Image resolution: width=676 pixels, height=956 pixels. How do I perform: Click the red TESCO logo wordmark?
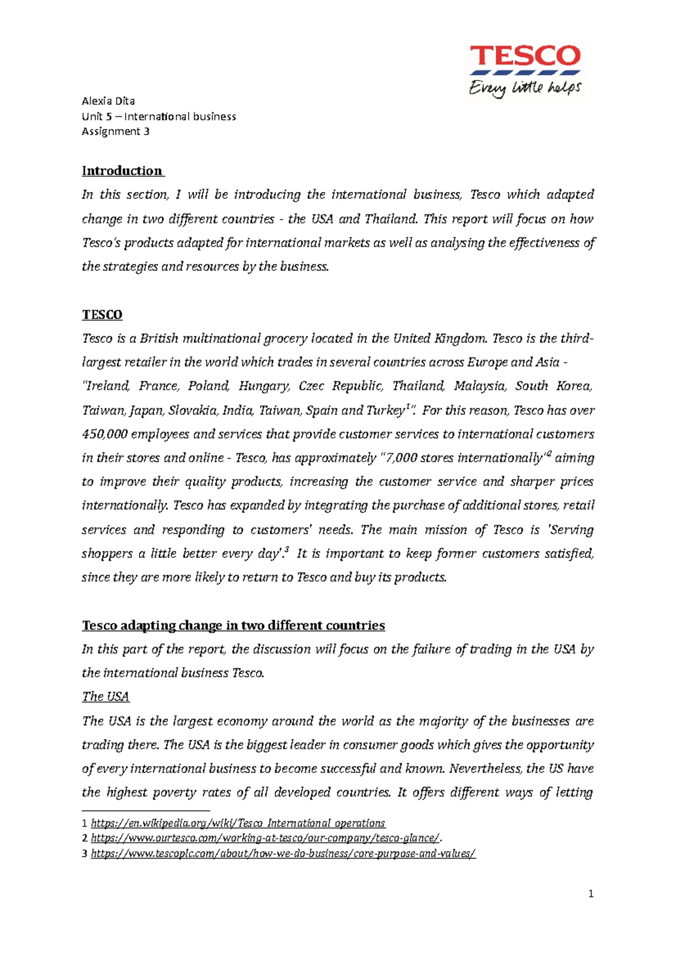tap(524, 56)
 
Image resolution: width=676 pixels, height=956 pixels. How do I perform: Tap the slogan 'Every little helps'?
tap(524, 88)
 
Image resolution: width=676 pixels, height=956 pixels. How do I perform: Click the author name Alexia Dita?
tap(108, 101)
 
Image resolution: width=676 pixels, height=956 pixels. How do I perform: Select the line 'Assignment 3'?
tap(115, 132)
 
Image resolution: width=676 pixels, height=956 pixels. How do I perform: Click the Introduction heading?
tap(122, 171)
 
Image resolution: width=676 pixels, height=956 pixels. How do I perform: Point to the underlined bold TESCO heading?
tap(102, 315)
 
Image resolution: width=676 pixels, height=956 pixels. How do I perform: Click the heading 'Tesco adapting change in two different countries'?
tap(233, 626)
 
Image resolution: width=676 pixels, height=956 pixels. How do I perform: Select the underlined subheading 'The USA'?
tap(105, 697)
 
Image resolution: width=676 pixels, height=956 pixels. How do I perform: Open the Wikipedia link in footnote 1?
tap(238, 824)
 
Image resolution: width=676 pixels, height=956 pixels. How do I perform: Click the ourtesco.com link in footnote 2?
tap(264, 838)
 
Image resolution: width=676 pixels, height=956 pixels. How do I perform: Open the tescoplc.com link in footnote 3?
tap(283, 854)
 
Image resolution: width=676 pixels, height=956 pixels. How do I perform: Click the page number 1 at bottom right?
tap(590, 894)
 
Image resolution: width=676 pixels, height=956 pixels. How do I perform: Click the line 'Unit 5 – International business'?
tap(159, 117)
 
